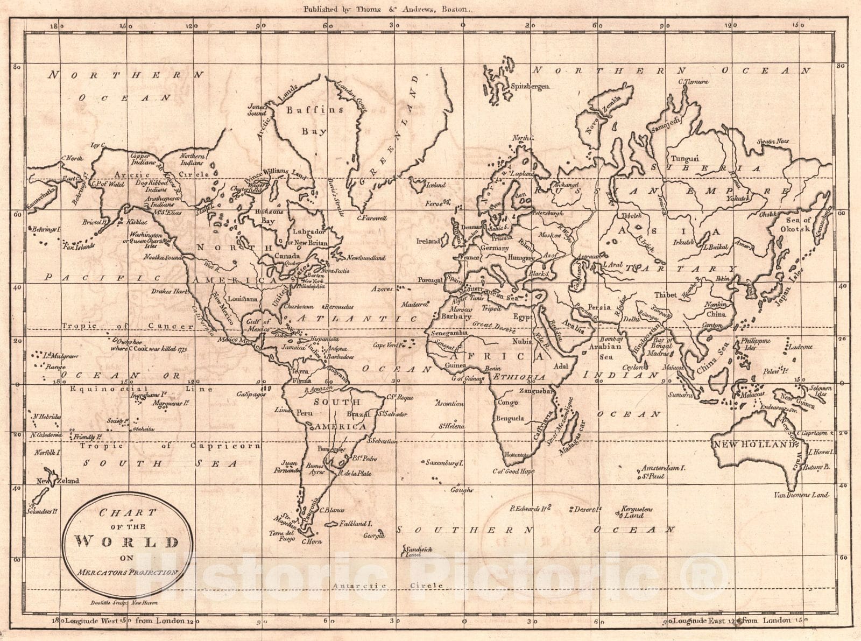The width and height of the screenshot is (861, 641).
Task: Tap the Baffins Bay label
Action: click(x=314, y=120)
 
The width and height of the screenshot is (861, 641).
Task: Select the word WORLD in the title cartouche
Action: click(x=127, y=542)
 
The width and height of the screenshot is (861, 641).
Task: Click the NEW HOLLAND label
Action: click(x=754, y=445)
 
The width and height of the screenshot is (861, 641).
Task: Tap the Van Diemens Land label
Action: click(x=801, y=495)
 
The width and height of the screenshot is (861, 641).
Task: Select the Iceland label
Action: click(x=436, y=185)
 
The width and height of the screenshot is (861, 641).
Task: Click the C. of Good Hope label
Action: click(x=513, y=471)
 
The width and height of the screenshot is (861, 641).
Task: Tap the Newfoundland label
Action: click(x=365, y=258)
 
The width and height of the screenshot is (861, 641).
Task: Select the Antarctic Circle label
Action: click(x=387, y=586)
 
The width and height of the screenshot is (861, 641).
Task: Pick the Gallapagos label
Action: click(x=251, y=395)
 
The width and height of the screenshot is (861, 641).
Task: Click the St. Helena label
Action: click(x=451, y=427)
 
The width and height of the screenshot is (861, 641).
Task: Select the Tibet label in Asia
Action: click(x=665, y=295)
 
